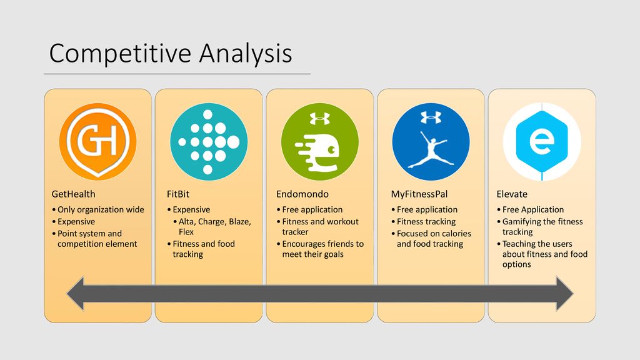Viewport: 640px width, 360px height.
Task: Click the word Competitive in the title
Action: point(121,54)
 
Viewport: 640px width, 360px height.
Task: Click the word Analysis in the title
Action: point(246,54)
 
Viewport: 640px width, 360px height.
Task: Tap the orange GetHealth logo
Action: point(98,141)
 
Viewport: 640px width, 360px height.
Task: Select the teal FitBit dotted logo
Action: point(209,141)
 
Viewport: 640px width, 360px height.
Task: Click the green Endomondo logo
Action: point(320,141)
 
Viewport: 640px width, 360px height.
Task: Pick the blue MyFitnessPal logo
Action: point(431,141)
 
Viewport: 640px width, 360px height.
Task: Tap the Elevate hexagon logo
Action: point(542,141)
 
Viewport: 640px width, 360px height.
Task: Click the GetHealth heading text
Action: point(74,194)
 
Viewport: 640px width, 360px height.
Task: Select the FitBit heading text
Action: point(178,194)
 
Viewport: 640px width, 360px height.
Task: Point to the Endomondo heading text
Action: point(302,194)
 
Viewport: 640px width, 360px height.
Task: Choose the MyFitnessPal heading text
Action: point(419,194)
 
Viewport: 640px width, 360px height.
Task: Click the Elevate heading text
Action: point(512,194)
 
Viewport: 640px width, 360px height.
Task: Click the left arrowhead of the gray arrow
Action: point(76,294)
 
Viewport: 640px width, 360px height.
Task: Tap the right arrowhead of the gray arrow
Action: point(565,294)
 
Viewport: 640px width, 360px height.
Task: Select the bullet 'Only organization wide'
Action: point(98,210)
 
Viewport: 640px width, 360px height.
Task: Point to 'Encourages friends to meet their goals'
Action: point(320,249)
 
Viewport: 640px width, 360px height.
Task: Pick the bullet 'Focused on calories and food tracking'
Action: point(431,239)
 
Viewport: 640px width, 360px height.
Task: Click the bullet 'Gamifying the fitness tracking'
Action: point(539,226)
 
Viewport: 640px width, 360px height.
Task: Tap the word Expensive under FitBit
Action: point(191,210)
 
